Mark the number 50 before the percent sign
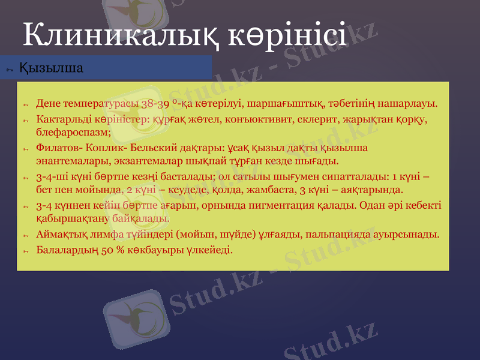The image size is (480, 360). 109,248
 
